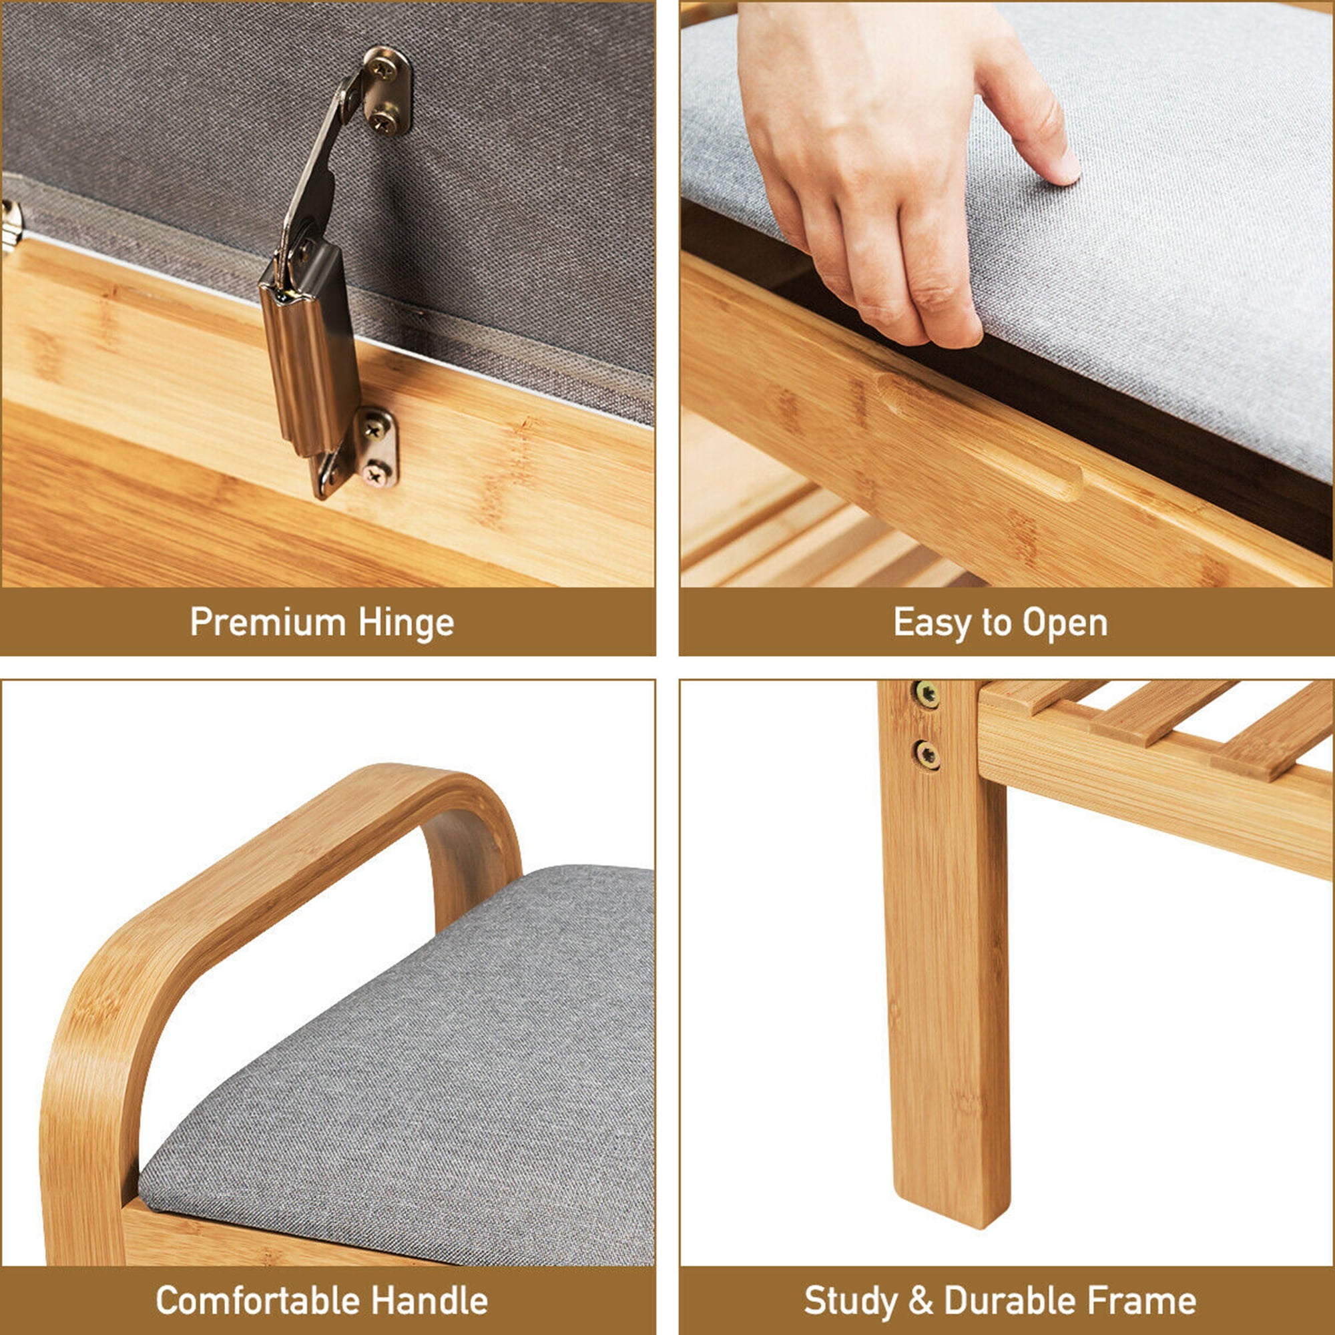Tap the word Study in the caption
point(850,1302)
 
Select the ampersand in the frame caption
point(920,1301)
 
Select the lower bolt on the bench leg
point(926,754)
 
